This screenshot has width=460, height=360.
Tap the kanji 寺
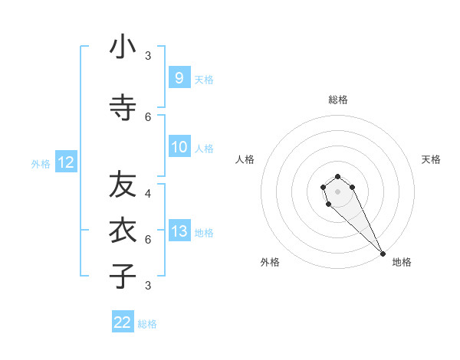coord(123,108)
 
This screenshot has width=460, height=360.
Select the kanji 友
coord(123,185)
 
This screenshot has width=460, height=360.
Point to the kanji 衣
coord(123,230)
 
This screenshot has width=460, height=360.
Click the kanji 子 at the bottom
coord(123,276)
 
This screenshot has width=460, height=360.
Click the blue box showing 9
coord(179,77)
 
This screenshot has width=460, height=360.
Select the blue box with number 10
coord(179,147)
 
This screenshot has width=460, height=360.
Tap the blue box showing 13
coord(179,231)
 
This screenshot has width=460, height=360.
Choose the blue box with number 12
coord(65,162)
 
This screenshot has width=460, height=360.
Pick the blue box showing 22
coord(123,322)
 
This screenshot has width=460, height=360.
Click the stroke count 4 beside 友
coord(148,194)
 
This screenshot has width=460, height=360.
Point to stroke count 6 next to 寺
coord(148,116)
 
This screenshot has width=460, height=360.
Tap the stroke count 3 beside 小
coord(148,56)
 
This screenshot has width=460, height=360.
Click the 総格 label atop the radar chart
coord(338,100)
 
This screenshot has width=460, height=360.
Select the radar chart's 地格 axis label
coord(402,262)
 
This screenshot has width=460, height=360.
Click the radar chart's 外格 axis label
coord(270,262)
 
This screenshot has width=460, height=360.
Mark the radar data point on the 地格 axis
coord(383,254)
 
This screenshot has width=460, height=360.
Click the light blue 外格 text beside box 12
coord(41,163)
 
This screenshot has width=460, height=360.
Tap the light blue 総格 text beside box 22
coord(147,324)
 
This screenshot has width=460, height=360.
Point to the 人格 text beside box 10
coord(204,149)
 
